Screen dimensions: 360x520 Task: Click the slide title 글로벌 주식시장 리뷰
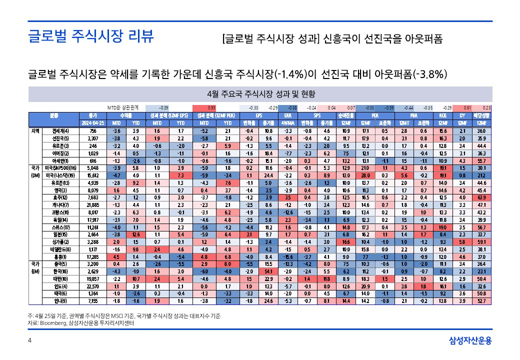click(90, 37)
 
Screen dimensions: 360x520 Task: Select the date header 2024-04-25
click(92, 123)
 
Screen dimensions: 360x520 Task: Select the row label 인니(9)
click(63, 301)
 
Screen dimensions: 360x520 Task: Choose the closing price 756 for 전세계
click(92, 131)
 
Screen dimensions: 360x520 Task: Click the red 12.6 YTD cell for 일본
click(135, 235)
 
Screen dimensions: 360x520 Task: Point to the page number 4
click(29, 341)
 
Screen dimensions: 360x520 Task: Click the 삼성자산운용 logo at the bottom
click(470, 341)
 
